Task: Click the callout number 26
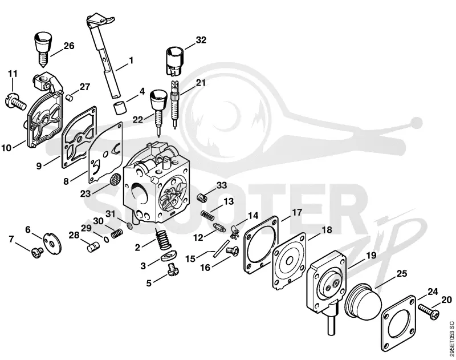[69, 46]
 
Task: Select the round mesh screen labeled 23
[115, 179]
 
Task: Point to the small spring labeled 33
[202, 197]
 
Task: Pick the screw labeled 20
[429, 312]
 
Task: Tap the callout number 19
[371, 256]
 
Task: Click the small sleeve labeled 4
[120, 107]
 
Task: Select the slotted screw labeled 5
[173, 269]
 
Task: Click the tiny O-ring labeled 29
[106, 239]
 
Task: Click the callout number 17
[297, 212]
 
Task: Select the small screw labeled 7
[38, 253]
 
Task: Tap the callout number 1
[131, 60]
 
